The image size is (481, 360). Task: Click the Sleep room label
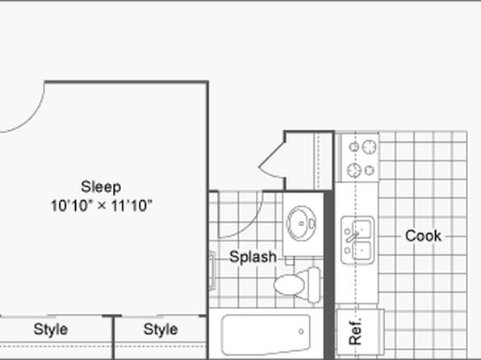click(x=101, y=187)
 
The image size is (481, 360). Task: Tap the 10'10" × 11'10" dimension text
click(x=101, y=206)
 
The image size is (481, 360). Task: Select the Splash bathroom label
click(x=253, y=257)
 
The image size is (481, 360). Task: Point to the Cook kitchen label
click(x=423, y=236)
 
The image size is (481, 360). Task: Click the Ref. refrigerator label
click(x=356, y=332)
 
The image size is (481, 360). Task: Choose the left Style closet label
click(x=51, y=329)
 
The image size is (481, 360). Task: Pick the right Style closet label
click(x=161, y=329)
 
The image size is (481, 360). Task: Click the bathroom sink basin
click(x=301, y=223)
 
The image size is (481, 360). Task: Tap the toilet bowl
click(x=289, y=284)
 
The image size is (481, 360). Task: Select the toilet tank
click(x=313, y=284)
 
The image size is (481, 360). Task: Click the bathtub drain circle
click(x=301, y=331)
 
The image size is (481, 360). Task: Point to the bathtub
click(x=266, y=334)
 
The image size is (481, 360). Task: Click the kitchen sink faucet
click(x=352, y=237)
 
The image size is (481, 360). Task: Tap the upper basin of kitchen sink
click(x=362, y=229)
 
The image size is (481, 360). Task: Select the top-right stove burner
click(x=370, y=147)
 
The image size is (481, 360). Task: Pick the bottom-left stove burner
click(x=354, y=170)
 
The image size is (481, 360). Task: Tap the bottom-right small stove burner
click(x=370, y=170)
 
